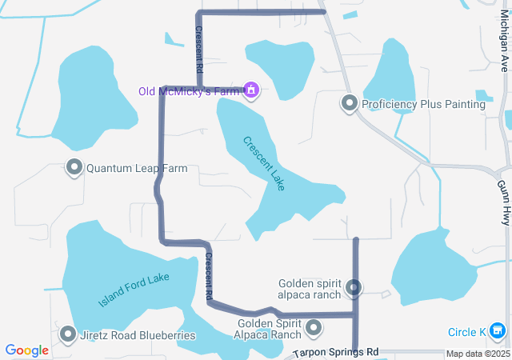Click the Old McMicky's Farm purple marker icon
click(x=251, y=90)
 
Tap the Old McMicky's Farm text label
click(x=190, y=90)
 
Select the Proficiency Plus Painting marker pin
click(x=349, y=103)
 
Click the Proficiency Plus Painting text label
click(x=423, y=104)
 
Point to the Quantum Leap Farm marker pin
click(x=74, y=168)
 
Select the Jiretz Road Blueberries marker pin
click(x=68, y=334)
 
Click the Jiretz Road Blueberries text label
click(x=137, y=335)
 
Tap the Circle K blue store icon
click(x=498, y=330)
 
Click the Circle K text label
click(x=466, y=331)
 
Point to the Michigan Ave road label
click(x=505, y=43)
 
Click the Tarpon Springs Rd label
click(x=336, y=352)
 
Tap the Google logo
click(x=26, y=350)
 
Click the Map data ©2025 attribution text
click(x=477, y=354)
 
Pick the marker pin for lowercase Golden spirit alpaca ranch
click(x=354, y=288)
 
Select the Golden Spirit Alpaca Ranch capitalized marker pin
click(x=314, y=327)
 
